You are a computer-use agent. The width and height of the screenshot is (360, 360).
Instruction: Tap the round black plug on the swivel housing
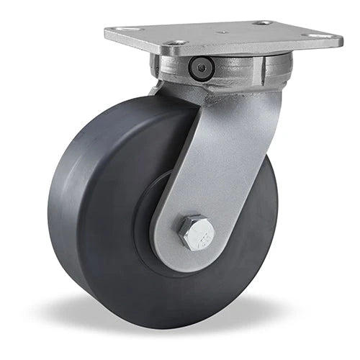pyautogui.click(x=201, y=68)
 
